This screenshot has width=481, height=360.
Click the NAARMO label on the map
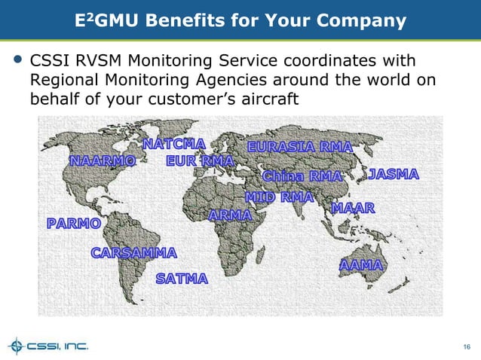click(103, 161)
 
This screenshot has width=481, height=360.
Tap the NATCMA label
click(174, 144)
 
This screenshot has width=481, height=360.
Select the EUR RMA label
click(200, 160)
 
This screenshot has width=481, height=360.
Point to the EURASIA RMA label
click(299, 146)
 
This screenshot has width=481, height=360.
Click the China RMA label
click(302, 176)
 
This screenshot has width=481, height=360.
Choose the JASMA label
click(393, 175)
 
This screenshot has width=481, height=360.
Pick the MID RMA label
click(279, 197)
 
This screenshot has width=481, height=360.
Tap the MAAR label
click(353, 207)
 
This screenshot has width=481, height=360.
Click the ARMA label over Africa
click(229, 216)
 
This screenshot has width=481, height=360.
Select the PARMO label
click(72, 224)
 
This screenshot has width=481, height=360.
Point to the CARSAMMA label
click(133, 252)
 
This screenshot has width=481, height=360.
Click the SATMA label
click(182, 279)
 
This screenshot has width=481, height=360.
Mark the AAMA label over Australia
click(361, 266)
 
